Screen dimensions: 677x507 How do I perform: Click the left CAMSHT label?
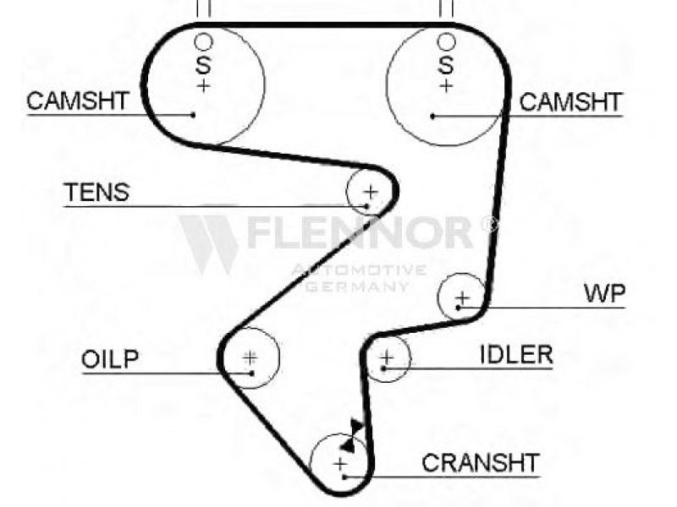(x=78, y=101)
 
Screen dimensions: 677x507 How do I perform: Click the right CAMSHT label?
(x=570, y=102)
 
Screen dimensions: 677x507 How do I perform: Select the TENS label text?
(x=96, y=193)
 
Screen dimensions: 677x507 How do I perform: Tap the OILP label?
(x=110, y=359)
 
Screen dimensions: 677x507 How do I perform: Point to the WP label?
(x=604, y=293)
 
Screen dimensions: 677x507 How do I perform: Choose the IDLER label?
(x=516, y=355)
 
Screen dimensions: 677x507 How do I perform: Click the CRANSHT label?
(x=481, y=463)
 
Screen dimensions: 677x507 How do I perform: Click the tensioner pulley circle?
(x=348, y=193)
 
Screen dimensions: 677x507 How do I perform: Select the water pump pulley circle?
(x=438, y=297)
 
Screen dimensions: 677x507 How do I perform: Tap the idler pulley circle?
(x=409, y=357)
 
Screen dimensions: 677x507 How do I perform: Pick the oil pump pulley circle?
(x=279, y=357)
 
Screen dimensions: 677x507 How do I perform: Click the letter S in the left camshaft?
(x=203, y=65)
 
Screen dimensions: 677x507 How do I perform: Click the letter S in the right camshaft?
(x=446, y=65)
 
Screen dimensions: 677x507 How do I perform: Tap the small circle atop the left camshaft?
(x=203, y=34)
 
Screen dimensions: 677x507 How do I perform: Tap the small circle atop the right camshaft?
(x=446, y=34)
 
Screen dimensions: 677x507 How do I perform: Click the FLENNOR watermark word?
(x=361, y=233)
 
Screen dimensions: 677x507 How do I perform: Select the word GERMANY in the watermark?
(x=357, y=286)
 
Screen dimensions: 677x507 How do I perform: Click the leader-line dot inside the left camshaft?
(x=193, y=115)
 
